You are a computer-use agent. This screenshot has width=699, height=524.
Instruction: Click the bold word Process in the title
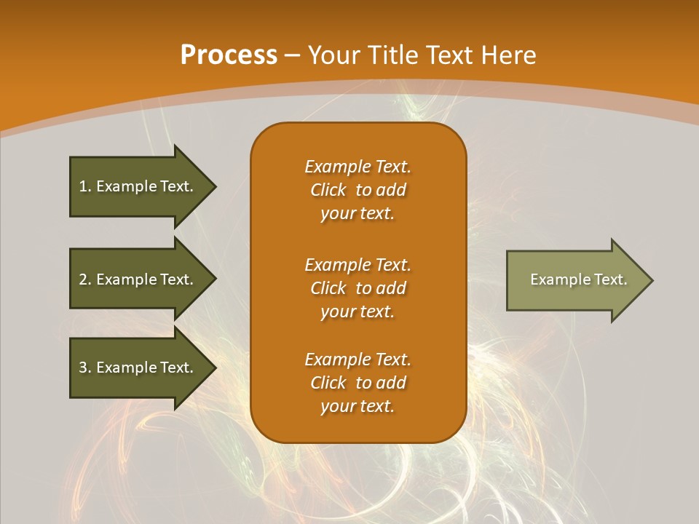point(229,55)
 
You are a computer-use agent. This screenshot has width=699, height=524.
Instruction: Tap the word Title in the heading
point(394,55)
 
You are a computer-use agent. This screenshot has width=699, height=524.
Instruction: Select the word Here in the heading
point(509,55)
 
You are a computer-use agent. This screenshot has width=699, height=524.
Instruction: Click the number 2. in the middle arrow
point(84,279)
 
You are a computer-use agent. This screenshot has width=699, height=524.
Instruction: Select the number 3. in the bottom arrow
point(84,368)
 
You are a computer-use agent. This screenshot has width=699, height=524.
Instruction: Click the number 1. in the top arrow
point(84,186)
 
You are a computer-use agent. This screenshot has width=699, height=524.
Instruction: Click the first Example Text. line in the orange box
point(358,167)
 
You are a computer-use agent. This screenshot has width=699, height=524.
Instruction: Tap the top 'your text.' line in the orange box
point(358,213)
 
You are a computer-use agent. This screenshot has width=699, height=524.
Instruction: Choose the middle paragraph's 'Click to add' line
point(358,288)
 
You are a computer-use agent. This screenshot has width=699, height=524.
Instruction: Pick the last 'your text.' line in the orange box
point(358,406)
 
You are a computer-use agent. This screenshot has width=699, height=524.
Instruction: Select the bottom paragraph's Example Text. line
point(358,360)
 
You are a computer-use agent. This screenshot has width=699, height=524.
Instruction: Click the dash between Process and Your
point(293,56)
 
